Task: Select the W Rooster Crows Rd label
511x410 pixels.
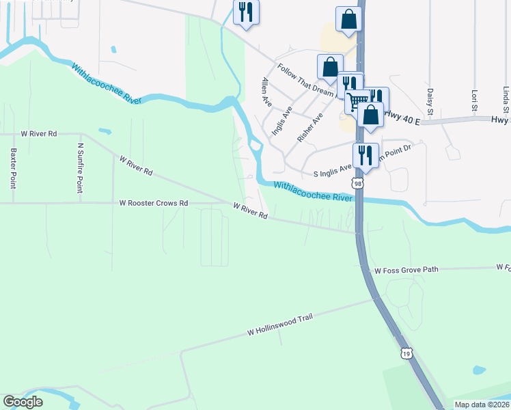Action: coord(153,203)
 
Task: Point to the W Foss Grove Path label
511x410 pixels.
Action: coord(406,269)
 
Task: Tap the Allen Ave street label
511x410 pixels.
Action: coord(267,92)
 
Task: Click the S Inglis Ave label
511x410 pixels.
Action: coord(332,172)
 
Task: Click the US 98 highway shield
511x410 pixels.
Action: coord(358,183)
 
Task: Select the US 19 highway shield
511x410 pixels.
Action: coord(406,353)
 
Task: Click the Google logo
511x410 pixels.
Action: coord(23,402)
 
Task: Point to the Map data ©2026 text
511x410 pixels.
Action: coord(482,405)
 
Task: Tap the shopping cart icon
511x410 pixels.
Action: coord(357,101)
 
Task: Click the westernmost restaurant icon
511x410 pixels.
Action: coord(246,12)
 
